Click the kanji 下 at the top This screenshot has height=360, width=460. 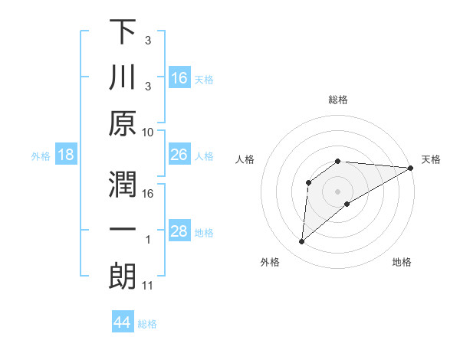point(123,33)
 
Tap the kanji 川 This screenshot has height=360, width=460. point(123,78)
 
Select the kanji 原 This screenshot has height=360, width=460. point(123,123)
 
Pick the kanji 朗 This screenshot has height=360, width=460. point(123,277)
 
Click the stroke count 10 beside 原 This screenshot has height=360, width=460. point(148,132)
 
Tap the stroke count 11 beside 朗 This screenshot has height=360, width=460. point(148,286)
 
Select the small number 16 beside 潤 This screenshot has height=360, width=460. point(148,193)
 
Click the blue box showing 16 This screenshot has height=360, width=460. point(179,77)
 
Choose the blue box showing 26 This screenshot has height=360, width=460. point(179,155)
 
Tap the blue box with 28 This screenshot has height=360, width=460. point(179,231)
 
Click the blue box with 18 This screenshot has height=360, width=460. point(66,155)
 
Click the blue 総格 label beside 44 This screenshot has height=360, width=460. point(147,324)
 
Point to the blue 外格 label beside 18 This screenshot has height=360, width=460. point(41,156)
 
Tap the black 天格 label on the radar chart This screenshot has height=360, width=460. point(431,159)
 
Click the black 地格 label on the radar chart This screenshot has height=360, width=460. point(402,262)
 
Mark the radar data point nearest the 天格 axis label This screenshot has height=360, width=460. point(411,168)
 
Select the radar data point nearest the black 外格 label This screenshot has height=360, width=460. point(302,242)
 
